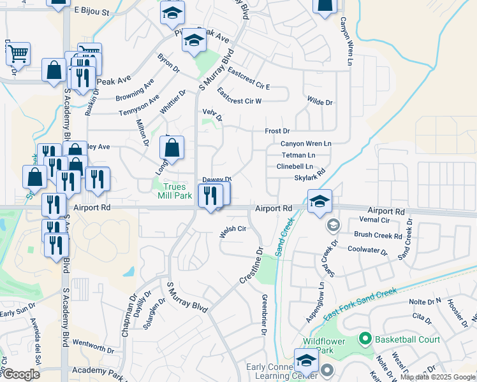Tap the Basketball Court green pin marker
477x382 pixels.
point(365,339)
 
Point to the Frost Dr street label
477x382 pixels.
point(277,131)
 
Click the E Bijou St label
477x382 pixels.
point(92,11)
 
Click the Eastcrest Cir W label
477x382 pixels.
point(239,97)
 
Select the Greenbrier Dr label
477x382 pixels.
point(263,315)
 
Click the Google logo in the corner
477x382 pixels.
point(20,374)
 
